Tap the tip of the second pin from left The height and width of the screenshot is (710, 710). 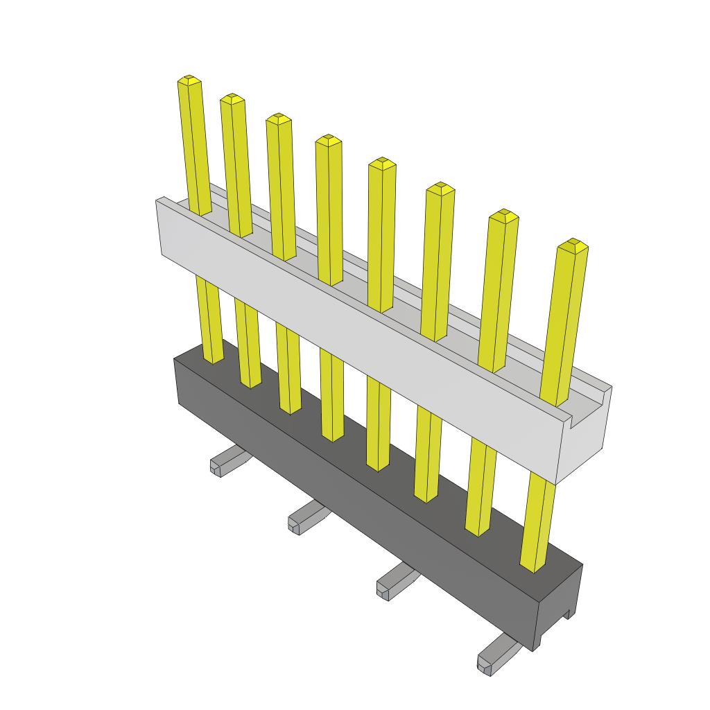(x=232, y=98)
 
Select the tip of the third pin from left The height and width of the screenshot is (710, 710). (x=278, y=119)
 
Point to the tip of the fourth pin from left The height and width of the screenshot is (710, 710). (x=328, y=140)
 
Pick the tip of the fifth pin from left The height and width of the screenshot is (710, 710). (x=381, y=164)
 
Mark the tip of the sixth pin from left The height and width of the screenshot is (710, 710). (x=440, y=189)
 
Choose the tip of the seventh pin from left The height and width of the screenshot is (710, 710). (x=504, y=215)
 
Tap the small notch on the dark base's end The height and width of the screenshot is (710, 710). (x=569, y=614)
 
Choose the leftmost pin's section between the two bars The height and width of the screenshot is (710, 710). (x=210, y=319)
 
